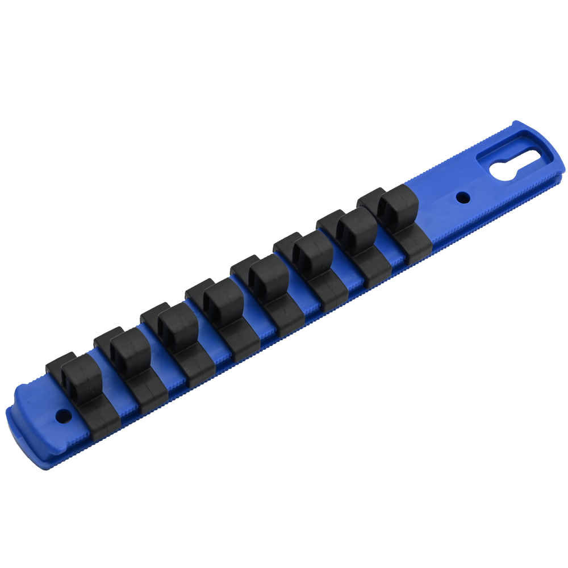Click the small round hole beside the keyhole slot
[x=463, y=198]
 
